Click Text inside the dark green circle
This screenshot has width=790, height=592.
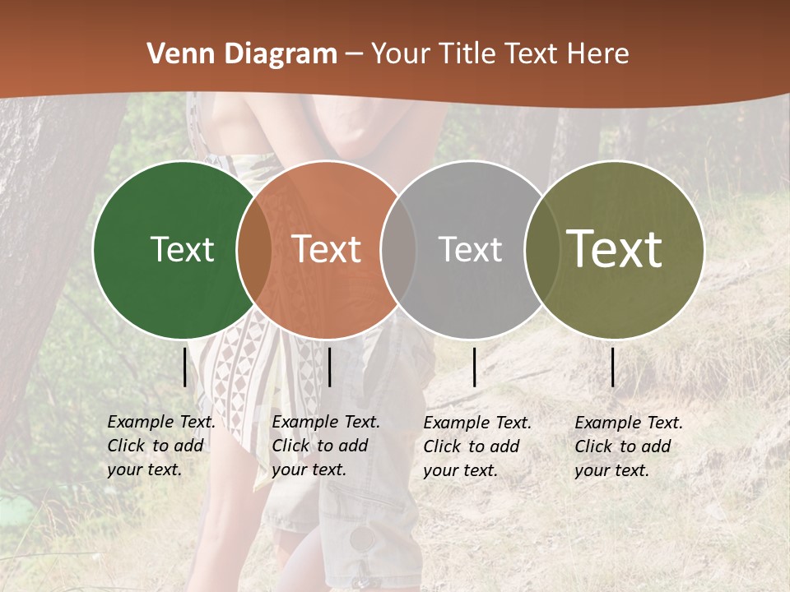click(182, 249)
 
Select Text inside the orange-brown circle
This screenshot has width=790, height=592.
click(327, 249)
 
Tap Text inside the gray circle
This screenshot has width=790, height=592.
click(470, 249)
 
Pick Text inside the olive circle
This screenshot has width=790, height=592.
click(615, 249)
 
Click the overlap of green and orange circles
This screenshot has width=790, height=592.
click(253, 249)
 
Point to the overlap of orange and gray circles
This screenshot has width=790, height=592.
click(397, 249)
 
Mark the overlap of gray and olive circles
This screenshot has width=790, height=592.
click(541, 249)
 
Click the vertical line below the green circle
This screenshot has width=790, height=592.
click(184, 367)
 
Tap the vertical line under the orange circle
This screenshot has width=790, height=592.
click(329, 367)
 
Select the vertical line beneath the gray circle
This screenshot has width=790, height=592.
click(474, 367)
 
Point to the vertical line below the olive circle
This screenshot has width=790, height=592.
click(613, 367)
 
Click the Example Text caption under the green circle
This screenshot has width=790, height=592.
click(160, 446)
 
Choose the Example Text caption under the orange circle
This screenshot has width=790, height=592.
click(325, 446)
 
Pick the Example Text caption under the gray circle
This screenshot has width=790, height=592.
click(476, 446)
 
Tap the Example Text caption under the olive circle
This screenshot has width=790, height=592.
click(628, 446)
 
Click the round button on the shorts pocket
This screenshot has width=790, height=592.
click(360, 539)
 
